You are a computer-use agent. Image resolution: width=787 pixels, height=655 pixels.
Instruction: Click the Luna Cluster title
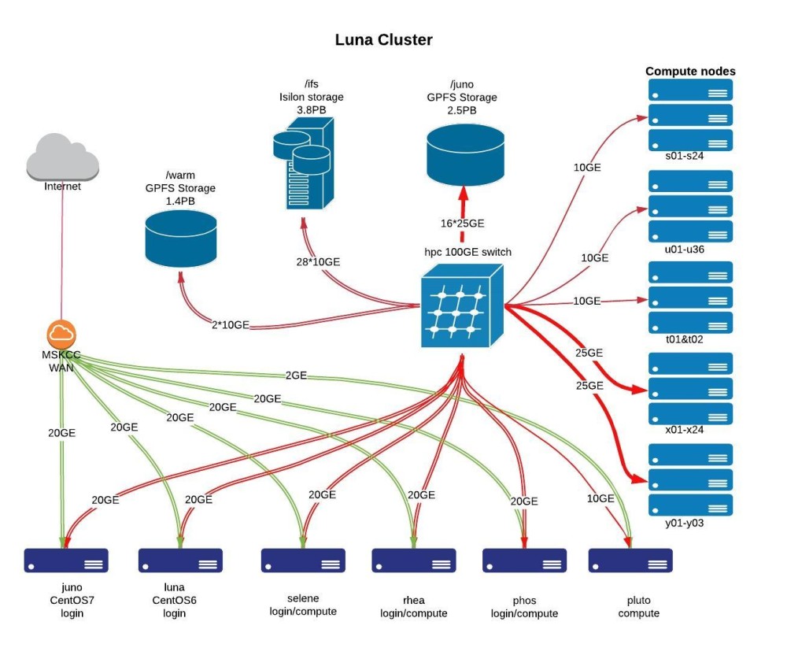(x=383, y=39)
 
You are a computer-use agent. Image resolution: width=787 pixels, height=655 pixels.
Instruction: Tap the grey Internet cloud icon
(x=62, y=157)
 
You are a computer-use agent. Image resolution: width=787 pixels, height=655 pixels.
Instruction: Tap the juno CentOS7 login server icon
(x=65, y=560)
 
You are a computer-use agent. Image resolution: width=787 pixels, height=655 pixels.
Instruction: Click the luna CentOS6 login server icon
(x=180, y=560)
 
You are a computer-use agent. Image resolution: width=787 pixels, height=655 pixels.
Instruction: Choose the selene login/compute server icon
(x=303, y=560)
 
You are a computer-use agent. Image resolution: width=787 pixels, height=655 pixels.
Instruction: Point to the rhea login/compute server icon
(x=414, y=560)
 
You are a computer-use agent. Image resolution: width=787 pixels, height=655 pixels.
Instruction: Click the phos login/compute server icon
(x=524, y=560)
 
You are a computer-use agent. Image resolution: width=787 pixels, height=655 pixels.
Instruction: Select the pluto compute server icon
(x=630, y=560)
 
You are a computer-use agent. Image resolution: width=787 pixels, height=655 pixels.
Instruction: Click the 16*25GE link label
(x=462, y=224)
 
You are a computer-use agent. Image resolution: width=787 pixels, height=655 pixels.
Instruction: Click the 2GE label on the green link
(x=296, y=376)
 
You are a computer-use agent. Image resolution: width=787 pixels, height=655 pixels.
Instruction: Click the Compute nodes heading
(x=690, y=71)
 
